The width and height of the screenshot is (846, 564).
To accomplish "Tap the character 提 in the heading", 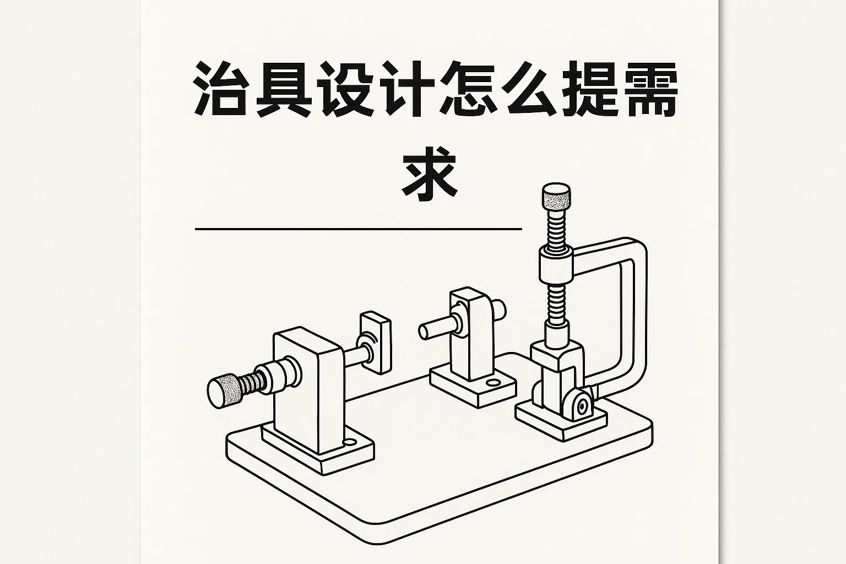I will [x=588, y=90].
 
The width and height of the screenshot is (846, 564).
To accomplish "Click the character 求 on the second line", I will [x=430, y=172].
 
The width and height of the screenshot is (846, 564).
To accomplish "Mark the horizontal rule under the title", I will [x=358, y=228].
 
